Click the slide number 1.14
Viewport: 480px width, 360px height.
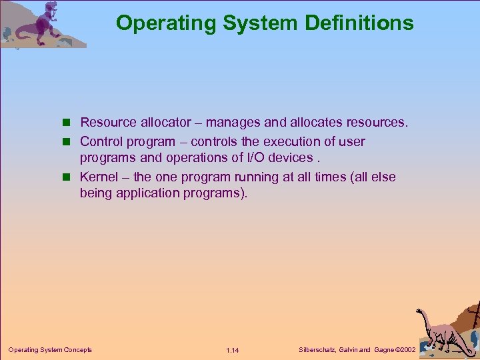[x=233, y=350]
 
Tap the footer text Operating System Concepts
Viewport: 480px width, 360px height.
[x=50, y=349]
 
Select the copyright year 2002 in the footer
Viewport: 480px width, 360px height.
[x=405, y=349]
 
